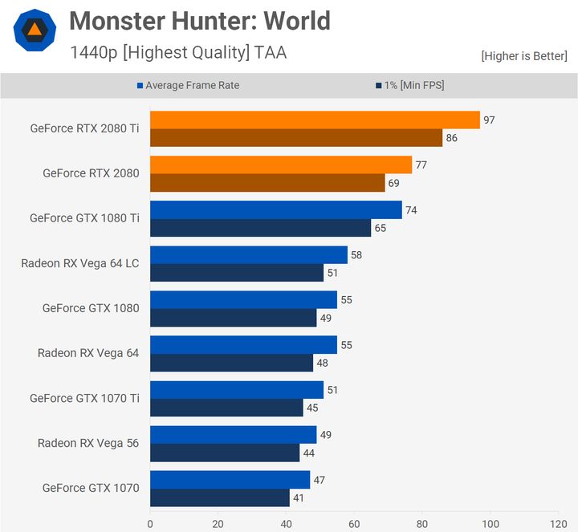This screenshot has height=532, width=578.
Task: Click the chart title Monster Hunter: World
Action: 200,20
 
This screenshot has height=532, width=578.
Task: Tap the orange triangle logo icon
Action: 35,30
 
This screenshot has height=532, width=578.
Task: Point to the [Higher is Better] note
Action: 524,55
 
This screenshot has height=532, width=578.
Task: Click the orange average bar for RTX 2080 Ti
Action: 315,120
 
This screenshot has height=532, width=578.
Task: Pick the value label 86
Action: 452,138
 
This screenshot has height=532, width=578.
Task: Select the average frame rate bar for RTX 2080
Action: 281,165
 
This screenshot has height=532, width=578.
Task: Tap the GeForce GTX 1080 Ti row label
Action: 84,217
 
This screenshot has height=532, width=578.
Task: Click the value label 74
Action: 411,210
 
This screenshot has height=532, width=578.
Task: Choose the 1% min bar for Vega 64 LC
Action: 237,273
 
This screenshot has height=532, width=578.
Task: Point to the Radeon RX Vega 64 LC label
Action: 80,262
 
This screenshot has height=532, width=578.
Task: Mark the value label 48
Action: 323,363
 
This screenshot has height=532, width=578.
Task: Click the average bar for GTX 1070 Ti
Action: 237,390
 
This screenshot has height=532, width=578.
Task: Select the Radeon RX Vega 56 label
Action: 88,442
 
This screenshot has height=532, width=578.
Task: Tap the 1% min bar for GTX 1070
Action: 220,497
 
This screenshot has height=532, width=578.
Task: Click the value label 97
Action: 489,120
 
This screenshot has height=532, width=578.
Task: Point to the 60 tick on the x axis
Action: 354,524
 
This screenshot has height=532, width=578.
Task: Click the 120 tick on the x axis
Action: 559,524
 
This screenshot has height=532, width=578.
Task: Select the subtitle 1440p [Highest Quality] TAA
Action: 177,53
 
